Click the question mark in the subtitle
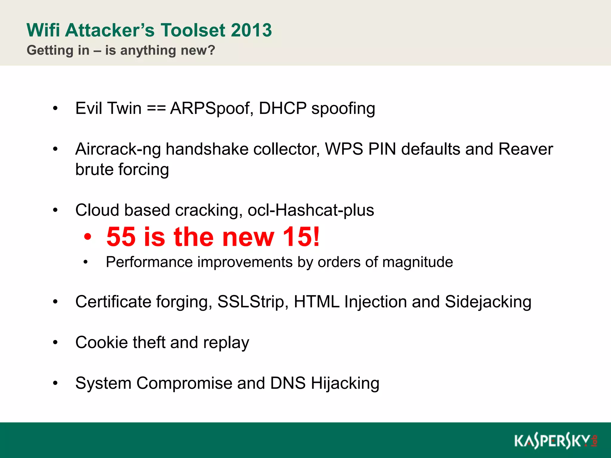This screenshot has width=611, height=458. click(x=212, y=50)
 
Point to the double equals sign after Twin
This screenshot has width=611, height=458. click(x=156, y=108)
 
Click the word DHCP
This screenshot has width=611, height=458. click(x=283, y=108)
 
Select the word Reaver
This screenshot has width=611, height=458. click(x=526, y=149)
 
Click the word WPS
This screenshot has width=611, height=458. click(x=344, y=149)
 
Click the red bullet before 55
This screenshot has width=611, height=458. click(x=87, y=237)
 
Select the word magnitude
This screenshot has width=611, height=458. click(x=417, y=262)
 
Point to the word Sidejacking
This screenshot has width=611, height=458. click(x=488, y=302)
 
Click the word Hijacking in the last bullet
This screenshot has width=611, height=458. click(x=345, y=383)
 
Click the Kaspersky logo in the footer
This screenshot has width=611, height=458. click(x=555, y=441)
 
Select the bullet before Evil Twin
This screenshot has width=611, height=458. click(x=55, y=109)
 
